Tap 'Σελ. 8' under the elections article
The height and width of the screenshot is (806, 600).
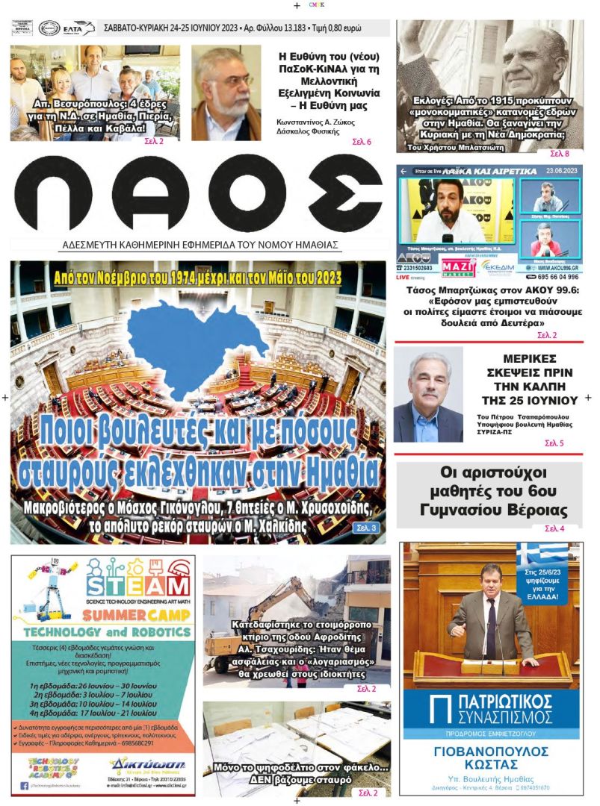560,154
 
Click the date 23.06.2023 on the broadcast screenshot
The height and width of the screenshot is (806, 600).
563,171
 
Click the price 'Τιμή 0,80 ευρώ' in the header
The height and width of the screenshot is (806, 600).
334,28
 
